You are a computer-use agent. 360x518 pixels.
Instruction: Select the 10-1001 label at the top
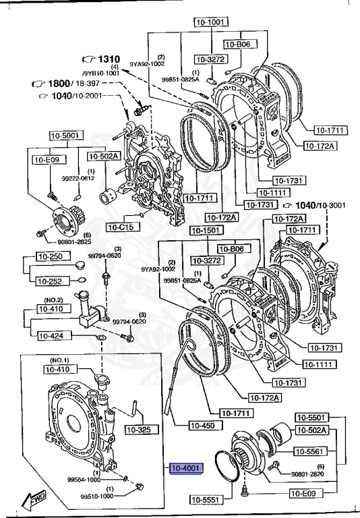pyautogui.click(x=209, y=22)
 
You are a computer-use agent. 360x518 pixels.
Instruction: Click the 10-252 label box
pyautogui.click(x=49, y=281)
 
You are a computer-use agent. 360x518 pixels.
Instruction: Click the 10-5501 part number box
pyautogui.click(x=313, y=418)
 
